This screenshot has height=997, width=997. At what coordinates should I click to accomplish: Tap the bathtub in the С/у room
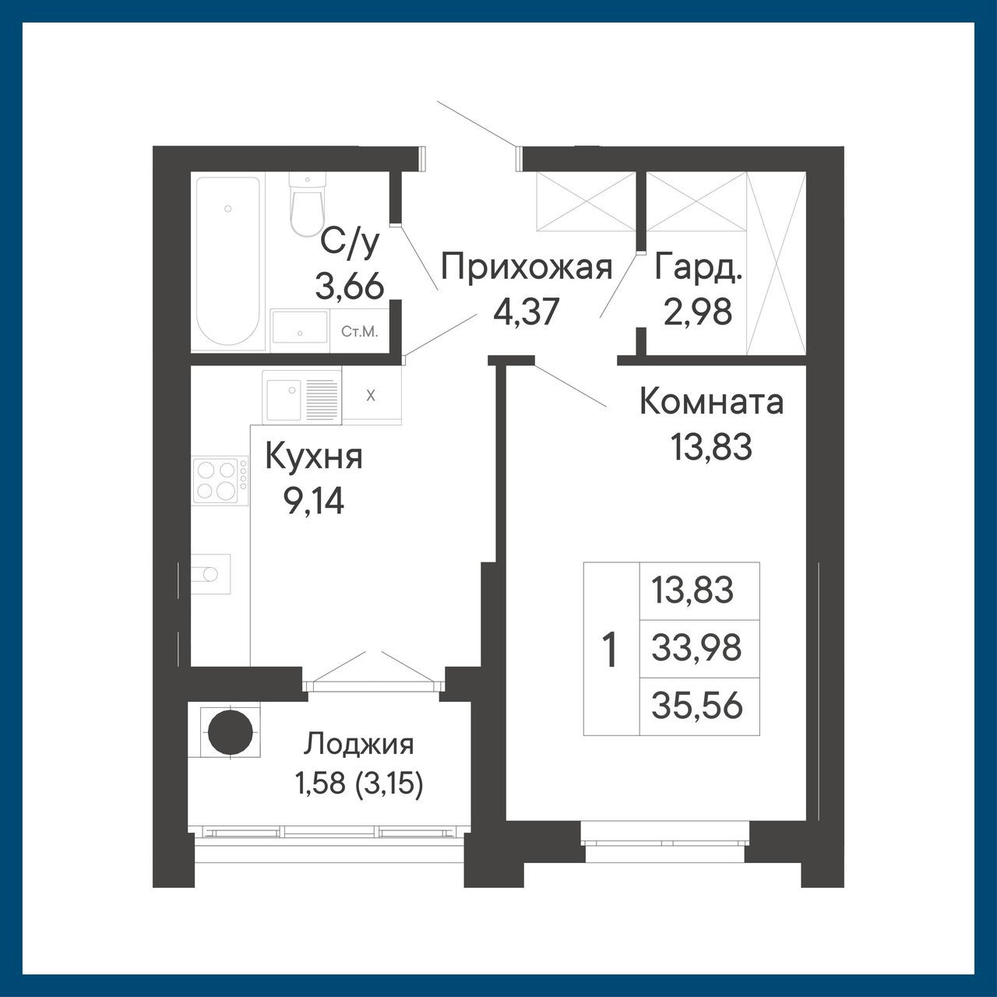click(x=227, y=261)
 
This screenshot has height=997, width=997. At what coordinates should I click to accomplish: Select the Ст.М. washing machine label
click(x=360, y=332)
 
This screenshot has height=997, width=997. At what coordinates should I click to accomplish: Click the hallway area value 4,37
click(x=527, y=312)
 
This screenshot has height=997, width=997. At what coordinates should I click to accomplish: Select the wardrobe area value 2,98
click(x=698, y=312)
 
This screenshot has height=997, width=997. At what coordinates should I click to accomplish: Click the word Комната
click(x=712, y=402)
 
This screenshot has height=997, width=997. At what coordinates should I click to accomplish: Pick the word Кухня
click(x=314, y=457)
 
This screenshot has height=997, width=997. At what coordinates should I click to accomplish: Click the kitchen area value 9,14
click(x=314, y=502)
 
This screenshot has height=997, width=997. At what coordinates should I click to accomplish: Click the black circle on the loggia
click(x=231, y=732)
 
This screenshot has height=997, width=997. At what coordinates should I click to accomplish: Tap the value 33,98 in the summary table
click(x=696, y=648)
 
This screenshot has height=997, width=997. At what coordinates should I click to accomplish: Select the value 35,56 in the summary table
click(x=697, y=706)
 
